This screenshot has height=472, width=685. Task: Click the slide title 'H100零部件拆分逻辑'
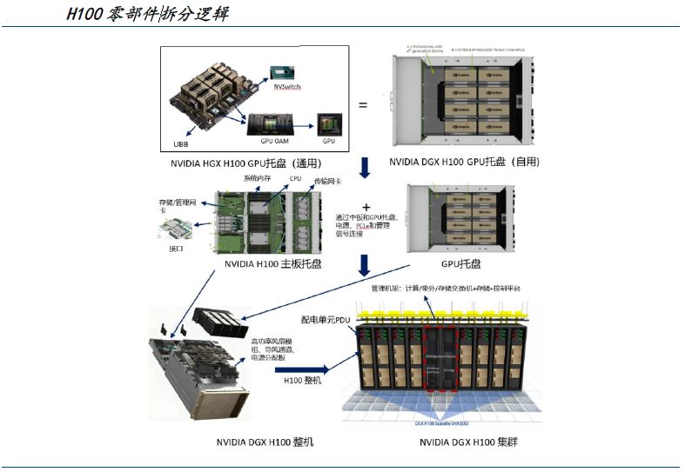coord(148,15)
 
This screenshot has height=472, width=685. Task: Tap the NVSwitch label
coord(288,88)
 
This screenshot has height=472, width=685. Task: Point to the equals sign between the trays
coord(363,106)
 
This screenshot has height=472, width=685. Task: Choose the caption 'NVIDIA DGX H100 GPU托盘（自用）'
coord(464,162)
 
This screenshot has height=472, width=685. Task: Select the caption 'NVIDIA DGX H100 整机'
coord(265,442)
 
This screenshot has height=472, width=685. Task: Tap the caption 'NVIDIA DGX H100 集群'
coord(467,442)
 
